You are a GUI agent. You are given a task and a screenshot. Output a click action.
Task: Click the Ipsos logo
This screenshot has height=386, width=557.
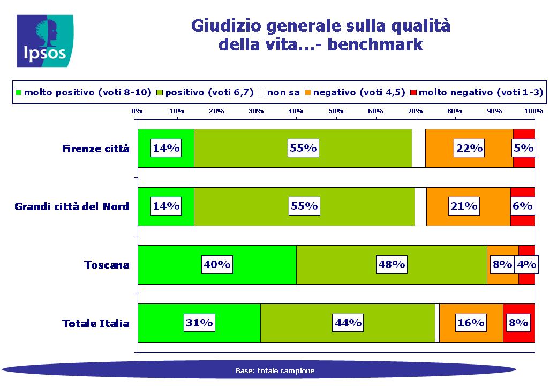pos(45,41)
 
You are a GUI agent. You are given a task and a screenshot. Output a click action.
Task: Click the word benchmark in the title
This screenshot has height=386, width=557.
pos(375,45)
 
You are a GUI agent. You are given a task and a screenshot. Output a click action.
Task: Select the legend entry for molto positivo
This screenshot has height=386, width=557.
pos(84,92)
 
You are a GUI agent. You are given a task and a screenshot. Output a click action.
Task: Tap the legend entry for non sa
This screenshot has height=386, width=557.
pos(279,92)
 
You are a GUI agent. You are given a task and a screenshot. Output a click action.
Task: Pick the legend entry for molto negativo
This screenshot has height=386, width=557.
pos(477,92)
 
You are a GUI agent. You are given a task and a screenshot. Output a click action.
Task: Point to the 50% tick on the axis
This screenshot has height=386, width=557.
pos(336,111)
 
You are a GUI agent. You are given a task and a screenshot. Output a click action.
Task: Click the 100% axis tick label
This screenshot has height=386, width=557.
pos(534,111)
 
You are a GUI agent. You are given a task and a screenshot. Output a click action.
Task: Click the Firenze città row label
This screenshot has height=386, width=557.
pos(95,149)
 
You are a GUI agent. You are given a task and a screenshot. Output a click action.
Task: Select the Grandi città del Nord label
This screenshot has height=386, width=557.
pos(72,206)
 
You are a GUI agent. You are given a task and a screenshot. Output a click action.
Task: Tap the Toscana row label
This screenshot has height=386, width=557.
pos(107,265)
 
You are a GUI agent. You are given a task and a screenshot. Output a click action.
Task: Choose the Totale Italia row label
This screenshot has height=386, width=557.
pos(95,323)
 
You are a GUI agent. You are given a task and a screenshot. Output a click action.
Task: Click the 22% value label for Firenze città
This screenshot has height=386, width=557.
pos(469,148)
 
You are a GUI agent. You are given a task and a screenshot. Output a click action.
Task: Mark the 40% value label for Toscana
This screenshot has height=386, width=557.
pos(217,264)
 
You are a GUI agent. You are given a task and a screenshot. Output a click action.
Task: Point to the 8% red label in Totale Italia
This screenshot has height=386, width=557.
pos(518,323)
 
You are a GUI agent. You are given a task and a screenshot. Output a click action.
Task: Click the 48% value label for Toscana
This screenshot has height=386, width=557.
pos(392,264)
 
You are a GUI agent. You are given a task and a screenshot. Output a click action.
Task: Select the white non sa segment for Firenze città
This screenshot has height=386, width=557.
pos(419,148)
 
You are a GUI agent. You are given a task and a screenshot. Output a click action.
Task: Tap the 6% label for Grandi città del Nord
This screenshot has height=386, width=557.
pos(522,206)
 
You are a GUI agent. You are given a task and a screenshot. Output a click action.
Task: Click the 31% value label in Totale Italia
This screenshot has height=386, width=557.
pos(199,323)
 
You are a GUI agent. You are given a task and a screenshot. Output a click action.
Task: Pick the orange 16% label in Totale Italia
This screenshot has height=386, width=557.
pos(471,323)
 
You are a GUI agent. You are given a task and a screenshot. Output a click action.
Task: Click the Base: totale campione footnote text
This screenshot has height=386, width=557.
pos(275,370)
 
